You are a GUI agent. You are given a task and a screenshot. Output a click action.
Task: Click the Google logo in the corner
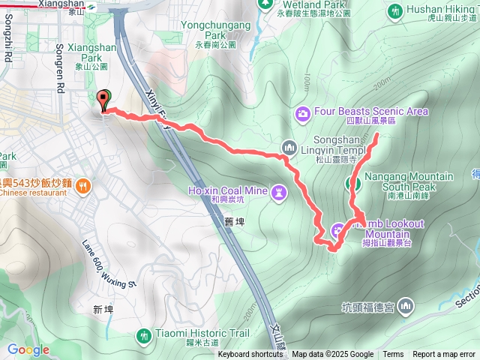(x=28, y=349)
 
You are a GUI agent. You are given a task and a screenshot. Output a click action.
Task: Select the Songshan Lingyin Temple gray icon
(x=287, y=148)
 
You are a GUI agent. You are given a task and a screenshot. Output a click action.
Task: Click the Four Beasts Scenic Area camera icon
(x=303, y=112)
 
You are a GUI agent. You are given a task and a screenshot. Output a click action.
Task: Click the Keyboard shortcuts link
(x=251, y=354)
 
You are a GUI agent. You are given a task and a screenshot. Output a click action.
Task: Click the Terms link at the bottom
(x=393, y=354)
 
